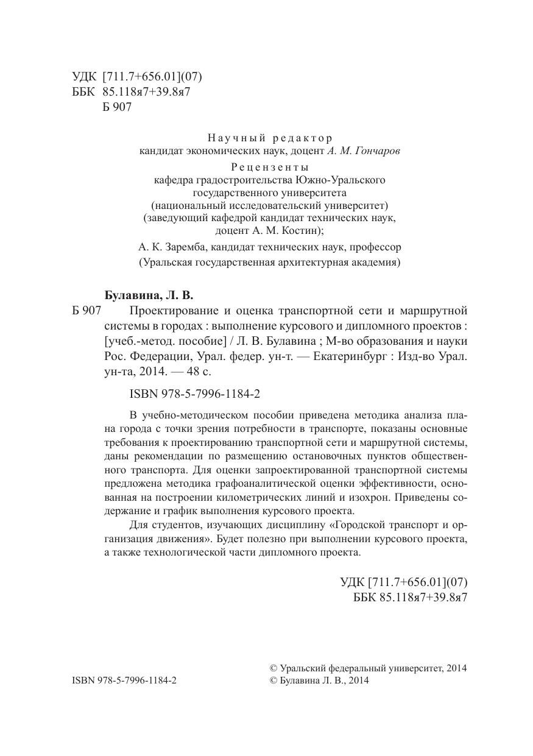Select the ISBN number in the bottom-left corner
click(x=124, y=681)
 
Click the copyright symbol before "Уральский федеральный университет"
click(x=273, y=668)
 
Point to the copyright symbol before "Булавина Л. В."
click(x=273, y=681)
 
